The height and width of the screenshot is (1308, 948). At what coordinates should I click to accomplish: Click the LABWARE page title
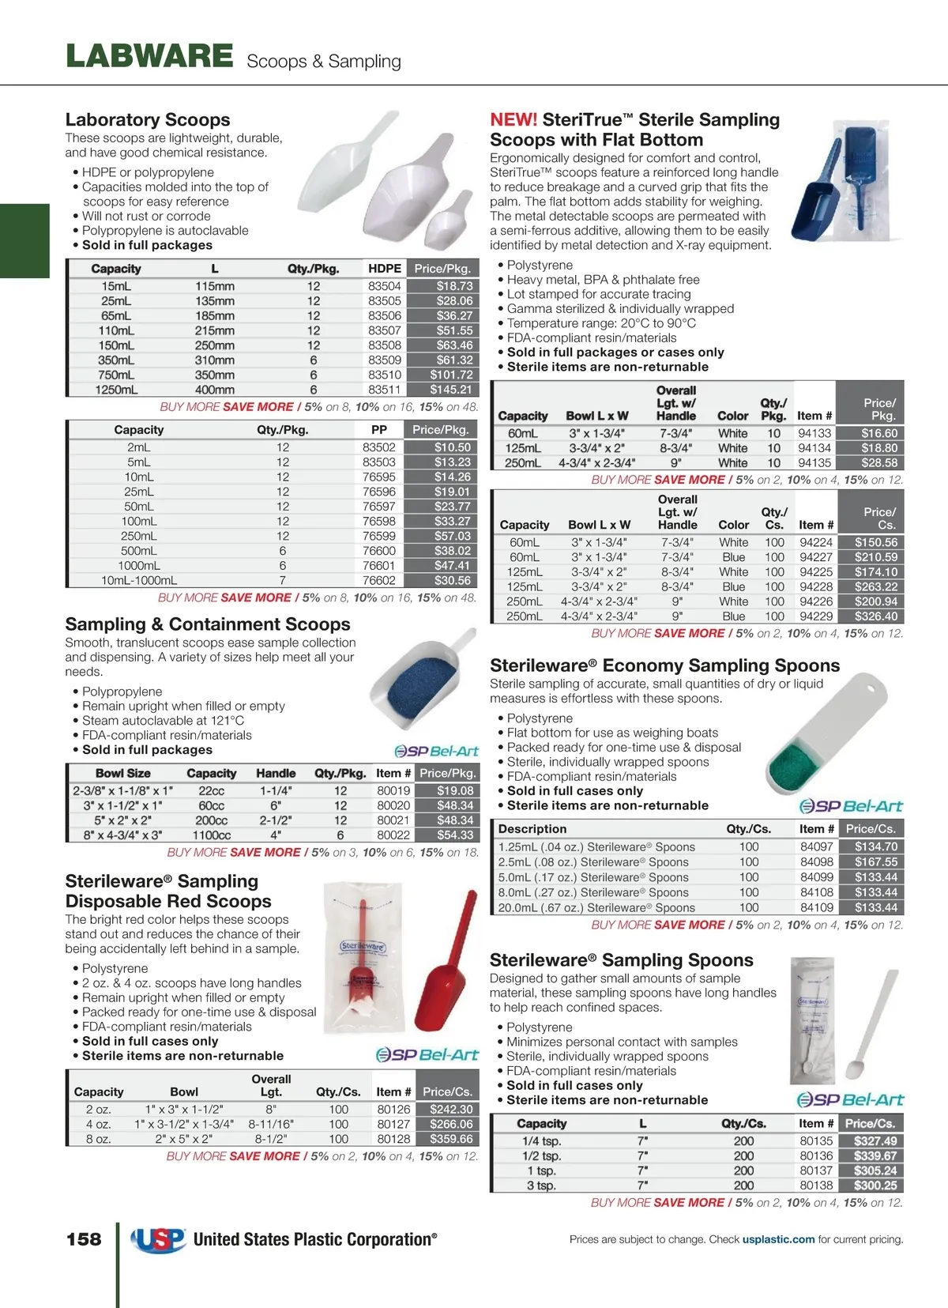click(149, 57)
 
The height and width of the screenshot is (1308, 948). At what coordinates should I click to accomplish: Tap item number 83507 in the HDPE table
click(385, 330)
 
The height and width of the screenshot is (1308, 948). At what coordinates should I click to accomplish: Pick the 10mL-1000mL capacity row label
click(139, 581)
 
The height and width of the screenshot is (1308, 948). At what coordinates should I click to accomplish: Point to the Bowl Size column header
click(122, 774)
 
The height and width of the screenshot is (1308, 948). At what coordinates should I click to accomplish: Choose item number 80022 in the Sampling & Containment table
click(393, 835)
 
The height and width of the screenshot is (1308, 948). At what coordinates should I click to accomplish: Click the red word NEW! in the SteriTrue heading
click(513, 120)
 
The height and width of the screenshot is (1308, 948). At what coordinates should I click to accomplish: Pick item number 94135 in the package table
click(814, 463)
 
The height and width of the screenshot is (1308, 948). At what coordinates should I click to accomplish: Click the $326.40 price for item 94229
click(876, 616)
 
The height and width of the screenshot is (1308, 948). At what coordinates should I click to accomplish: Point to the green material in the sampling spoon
click(796, 760)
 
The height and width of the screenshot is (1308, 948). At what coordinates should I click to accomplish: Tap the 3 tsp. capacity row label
click(541, 1185)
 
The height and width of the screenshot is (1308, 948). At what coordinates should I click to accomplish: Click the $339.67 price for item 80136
click(875, 1156)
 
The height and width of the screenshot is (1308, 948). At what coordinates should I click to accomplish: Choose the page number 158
click(84, 1239)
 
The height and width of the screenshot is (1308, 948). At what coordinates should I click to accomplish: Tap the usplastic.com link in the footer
click(778, 1240)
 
